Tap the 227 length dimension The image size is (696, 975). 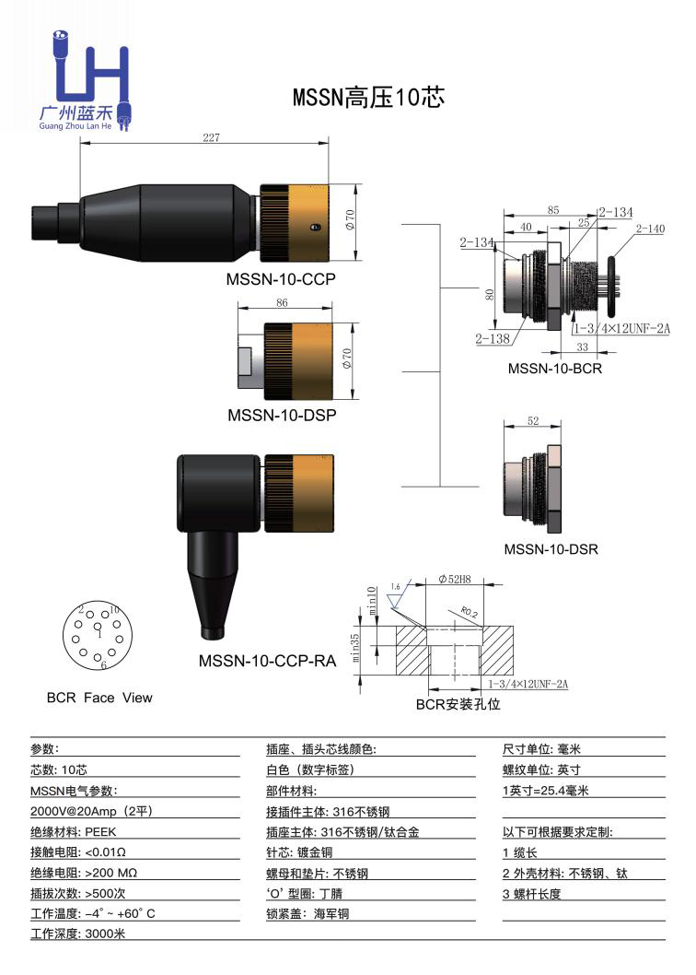click(211, 138)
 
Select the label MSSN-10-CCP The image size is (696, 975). click(281, 278)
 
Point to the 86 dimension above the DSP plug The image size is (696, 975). click(282, 303)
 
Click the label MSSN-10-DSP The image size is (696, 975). click(281, 415)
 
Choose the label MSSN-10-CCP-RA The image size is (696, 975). click(267, 661)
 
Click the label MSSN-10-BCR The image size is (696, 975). click(554, 369)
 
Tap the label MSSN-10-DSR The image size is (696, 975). click(551, 549)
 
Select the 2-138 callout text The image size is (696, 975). click(493, 338)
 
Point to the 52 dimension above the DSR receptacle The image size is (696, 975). click(533, 420)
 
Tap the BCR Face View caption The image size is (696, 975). click(99, 698)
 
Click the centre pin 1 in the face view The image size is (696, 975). click(99, 632)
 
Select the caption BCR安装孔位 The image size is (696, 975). click(458, 705)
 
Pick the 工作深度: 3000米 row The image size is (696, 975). click(77, 934)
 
